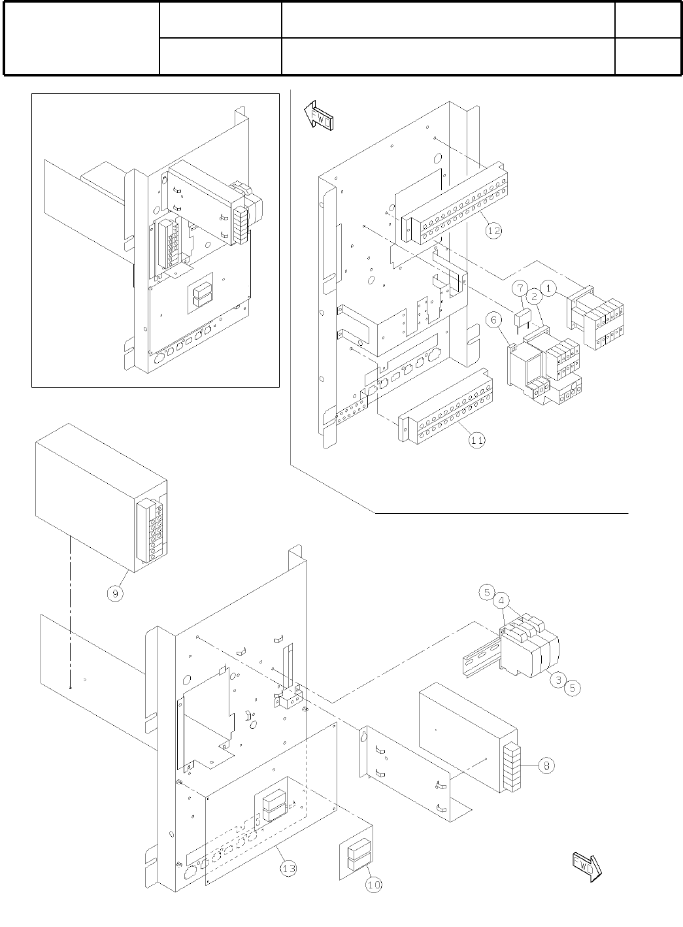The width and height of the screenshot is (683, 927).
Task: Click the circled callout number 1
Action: point(548,286)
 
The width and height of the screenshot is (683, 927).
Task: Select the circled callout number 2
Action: point(534,296)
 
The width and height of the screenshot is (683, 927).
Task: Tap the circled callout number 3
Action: point(557,679)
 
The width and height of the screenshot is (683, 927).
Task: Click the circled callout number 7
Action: point(518,287)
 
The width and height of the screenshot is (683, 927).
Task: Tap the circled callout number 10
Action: point(373,884)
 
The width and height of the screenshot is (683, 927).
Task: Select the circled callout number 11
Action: point(478,440)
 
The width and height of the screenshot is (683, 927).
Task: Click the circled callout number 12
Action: point(494,230)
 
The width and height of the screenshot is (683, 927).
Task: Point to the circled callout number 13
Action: point(288,868)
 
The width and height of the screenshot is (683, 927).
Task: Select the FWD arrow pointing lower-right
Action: point(586,866)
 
